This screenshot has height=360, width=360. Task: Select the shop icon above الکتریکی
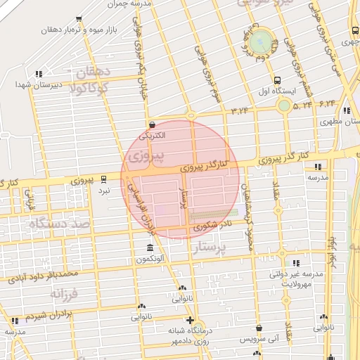pos(153,122)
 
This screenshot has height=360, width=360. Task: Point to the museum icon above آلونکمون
pos(150,248)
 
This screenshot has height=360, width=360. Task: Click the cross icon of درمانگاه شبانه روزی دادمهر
pos(190,319)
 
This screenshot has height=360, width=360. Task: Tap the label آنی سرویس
pos(259,339)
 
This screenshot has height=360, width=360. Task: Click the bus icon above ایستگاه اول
pos(278,80)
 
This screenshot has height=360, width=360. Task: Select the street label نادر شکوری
pos(210,225)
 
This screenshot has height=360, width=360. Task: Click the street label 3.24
pos(240,110)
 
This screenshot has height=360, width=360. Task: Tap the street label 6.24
pos(328,104)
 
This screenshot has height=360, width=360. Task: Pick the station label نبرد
pos(104,191)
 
